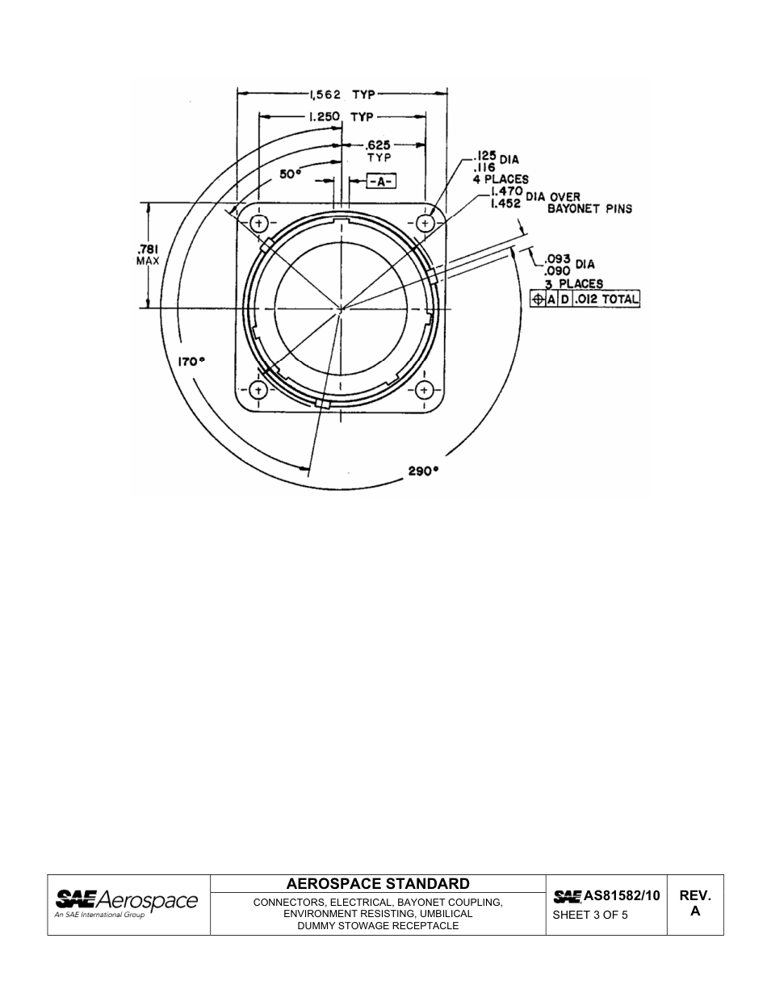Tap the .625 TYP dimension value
click(379, 151)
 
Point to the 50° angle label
click(290, 174)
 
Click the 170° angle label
click(191, 362)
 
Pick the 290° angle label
click(423, 471)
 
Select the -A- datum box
click(380, 181)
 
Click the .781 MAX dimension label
click(148, 255)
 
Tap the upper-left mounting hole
click(258, 223)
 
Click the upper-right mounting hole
click(425, 223)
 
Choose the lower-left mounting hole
click(258, 391)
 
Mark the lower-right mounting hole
click(425, 391)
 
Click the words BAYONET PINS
click(589, 208)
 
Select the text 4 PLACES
click(501, 179)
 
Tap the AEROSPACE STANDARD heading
click(378, 883)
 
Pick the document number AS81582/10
click(606, 895)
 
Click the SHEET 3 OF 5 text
click(590, 915)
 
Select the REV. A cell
click(695, 903)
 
